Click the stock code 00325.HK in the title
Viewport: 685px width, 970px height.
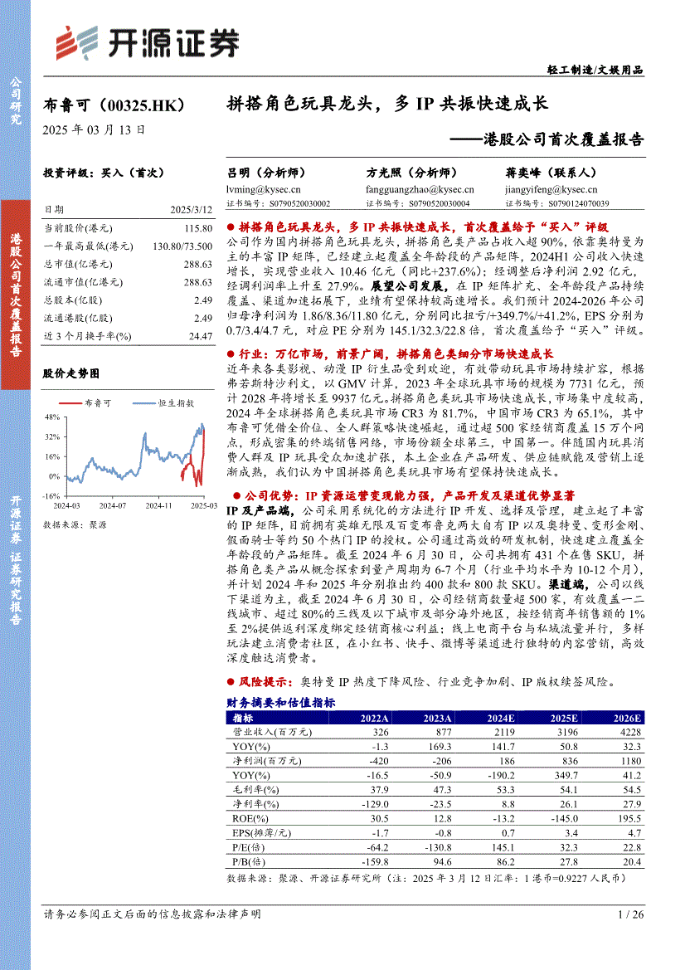(148, 106)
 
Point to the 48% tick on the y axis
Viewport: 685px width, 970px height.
(53, 417)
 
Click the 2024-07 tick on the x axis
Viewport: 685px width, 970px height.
(112, 504)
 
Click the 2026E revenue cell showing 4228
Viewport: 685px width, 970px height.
(628, 733)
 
